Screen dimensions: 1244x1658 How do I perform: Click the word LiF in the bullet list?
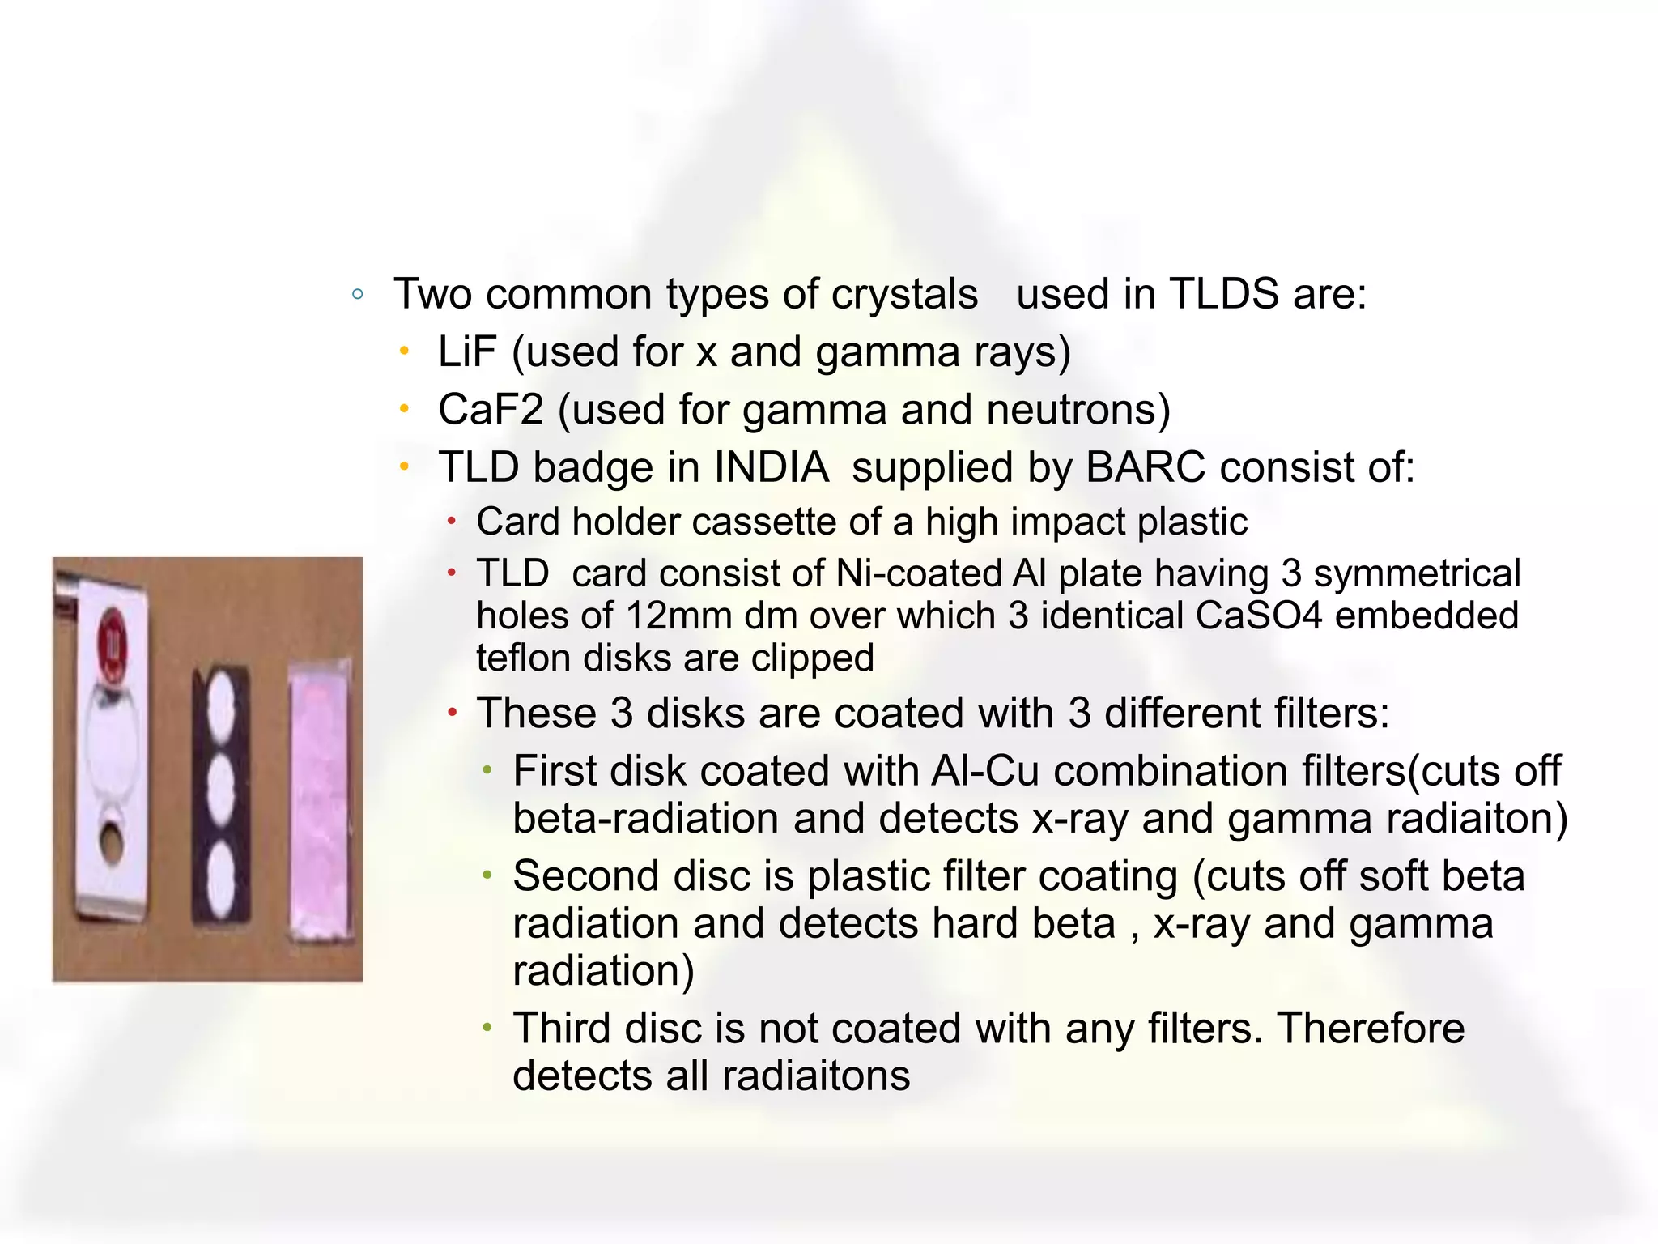pyautogui.click(x=466, y=352)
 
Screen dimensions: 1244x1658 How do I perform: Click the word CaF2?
pyautogui.click(x=490, y=410)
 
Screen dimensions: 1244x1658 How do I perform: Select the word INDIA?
pyautogui.click(x=771, y=467)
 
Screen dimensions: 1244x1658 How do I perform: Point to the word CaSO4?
pyautogui.click(x=1258, y=616)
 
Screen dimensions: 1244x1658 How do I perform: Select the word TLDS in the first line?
pyautogui.click(x=1223, y=293)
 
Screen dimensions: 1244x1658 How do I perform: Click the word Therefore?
pyautogui.click(x=1370, y=1029)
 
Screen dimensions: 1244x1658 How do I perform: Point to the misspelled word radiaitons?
pyautogui.click(x=815, y=1076)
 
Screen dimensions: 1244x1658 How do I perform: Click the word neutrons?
pyautogui.click(x=1078, y=410)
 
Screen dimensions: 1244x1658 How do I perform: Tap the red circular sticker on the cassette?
pyautogui.click(x=113, y=644)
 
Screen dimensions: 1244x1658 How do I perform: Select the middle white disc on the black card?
pyautogui.click(x=220, y=786)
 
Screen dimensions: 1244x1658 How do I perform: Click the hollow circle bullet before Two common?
pyautogui.click(x=358, y=294)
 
